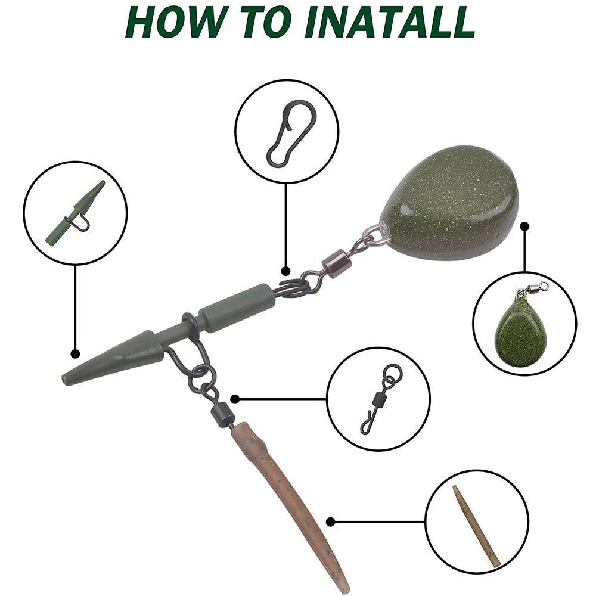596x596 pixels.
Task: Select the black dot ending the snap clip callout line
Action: pos(286,271)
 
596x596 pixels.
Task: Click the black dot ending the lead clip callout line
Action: pos(76,354)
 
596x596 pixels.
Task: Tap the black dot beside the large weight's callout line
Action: pos(524,227)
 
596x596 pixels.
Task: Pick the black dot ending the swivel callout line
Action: pos(235,399)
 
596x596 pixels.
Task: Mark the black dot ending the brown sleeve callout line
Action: pos(331,522)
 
